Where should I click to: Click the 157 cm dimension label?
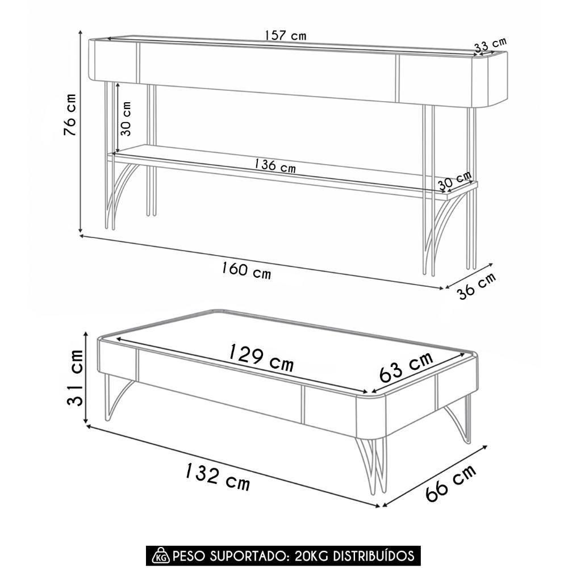tap(286, 35)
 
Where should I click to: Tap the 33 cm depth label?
tap(491, 44)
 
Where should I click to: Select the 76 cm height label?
tap(70, 115)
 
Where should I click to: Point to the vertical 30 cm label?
tap(126, 119)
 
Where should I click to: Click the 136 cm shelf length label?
tap(274, 165)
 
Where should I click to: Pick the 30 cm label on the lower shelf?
tap(454, 181)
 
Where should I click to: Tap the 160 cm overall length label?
tap(246, 270)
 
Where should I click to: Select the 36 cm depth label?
tap(477, 286)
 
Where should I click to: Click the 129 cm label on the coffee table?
tap(261, 358)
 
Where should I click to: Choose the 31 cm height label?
tap(76, 377)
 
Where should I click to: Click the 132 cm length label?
tap(218, 477)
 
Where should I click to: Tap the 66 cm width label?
tap(450, 483)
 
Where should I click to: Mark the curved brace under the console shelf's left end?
tap(122, 195)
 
